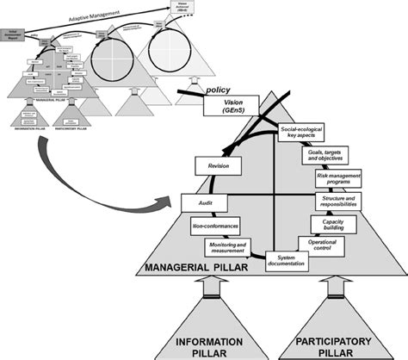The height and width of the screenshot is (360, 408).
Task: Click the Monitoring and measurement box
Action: pyautogui.click(x=227, y=247)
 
